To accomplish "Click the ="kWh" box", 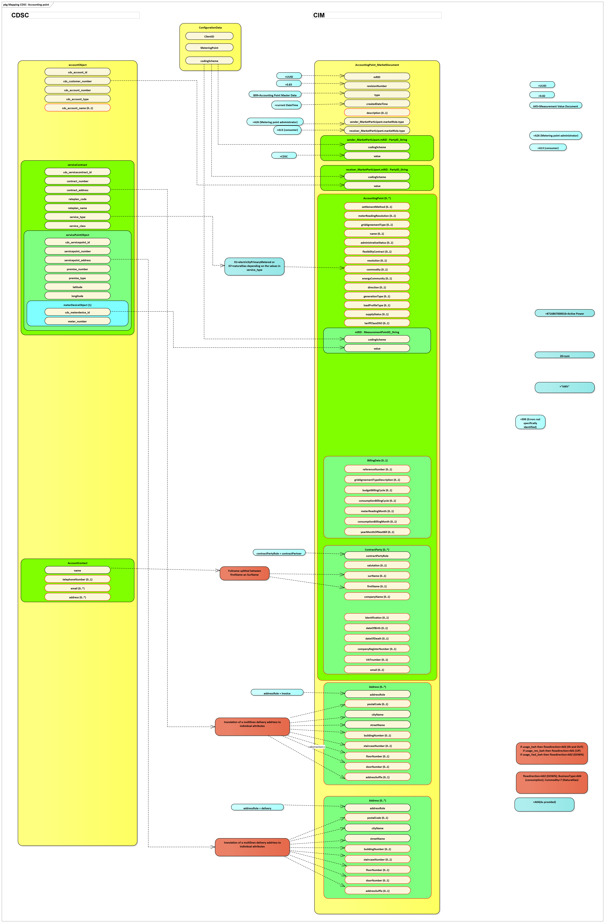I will click(x=564, y=387).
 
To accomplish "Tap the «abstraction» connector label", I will click(x=317, y=747).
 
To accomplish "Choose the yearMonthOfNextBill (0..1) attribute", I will click(x=377, y=532).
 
